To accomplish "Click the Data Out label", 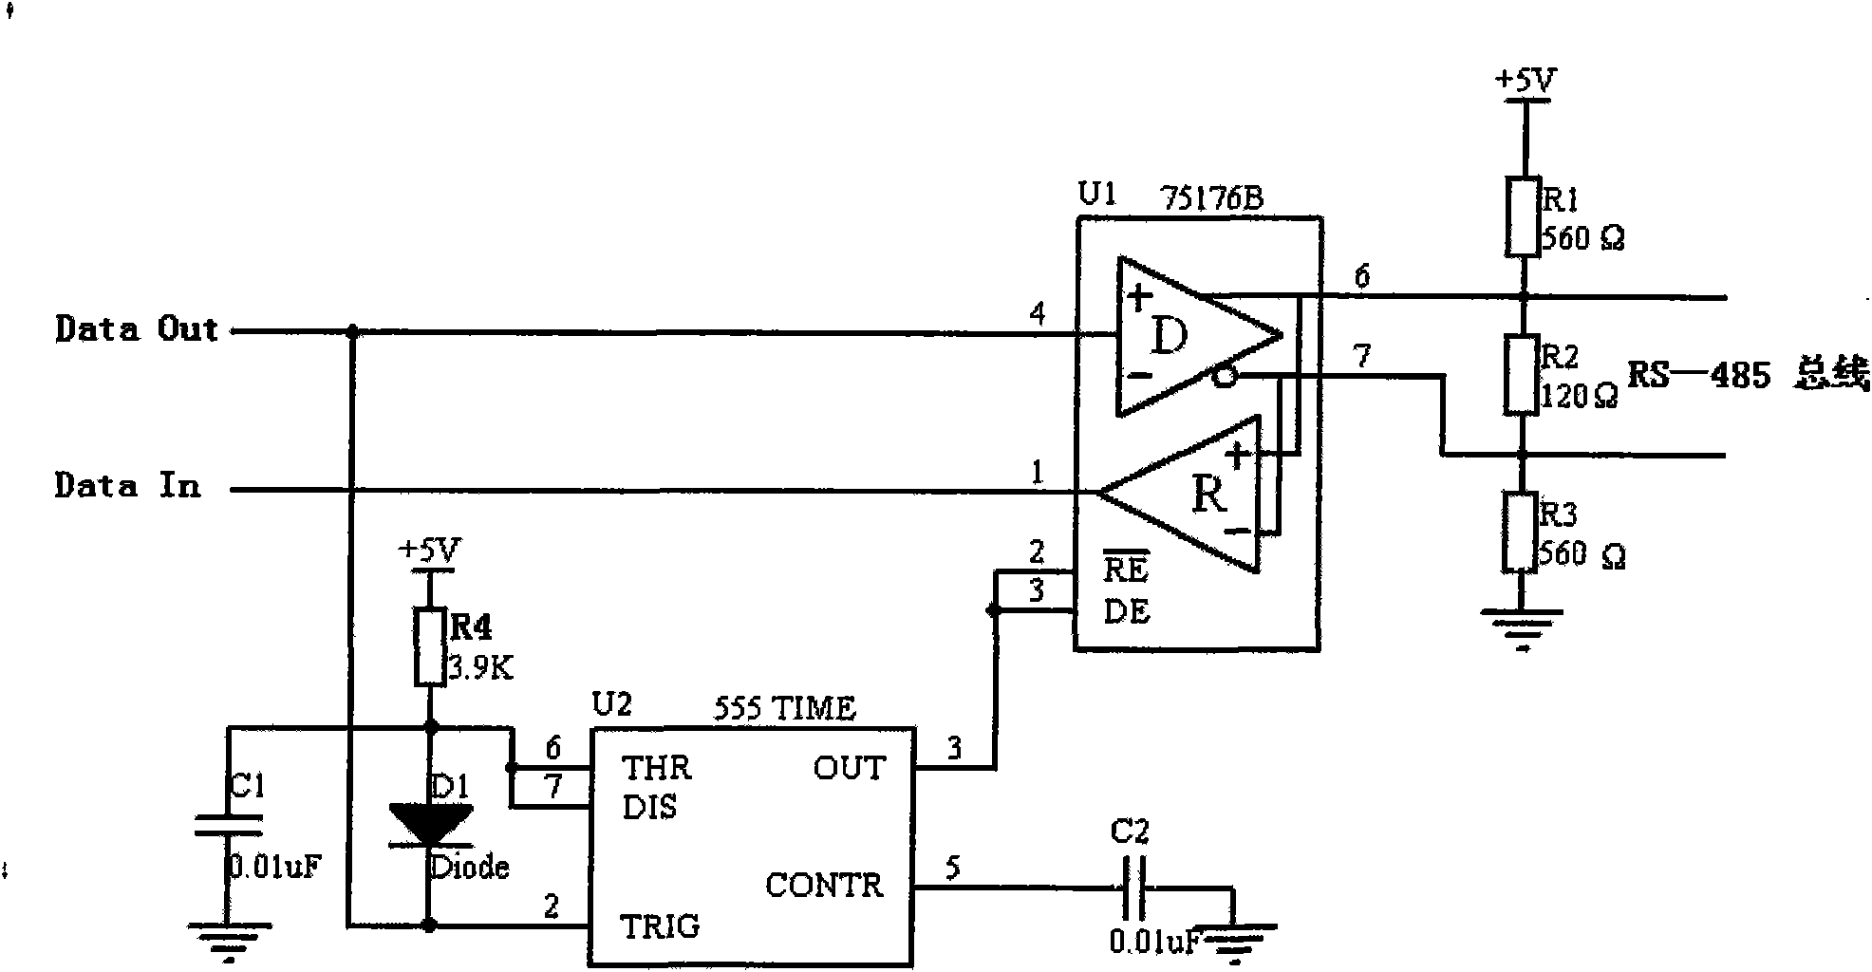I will pos(137,329).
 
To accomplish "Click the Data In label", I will pos(127,486).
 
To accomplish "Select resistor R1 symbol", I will pos(1522,216).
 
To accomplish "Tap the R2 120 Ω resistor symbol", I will pos(1522,374).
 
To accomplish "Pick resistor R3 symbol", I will pos(1520,533).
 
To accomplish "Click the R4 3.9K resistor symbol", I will pos(430,646).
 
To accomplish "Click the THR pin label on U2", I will pos(656,767).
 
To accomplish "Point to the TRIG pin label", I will pos(660,925).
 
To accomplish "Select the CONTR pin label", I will pos(824,886).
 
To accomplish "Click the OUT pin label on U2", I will pos(849,767).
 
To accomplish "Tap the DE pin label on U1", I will pos(1127,611).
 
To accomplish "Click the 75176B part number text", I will pos(1211,199).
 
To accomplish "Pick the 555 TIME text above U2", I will pos(784,708).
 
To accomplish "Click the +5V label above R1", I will pos(1526,82).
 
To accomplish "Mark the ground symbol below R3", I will pos(1522,626).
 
